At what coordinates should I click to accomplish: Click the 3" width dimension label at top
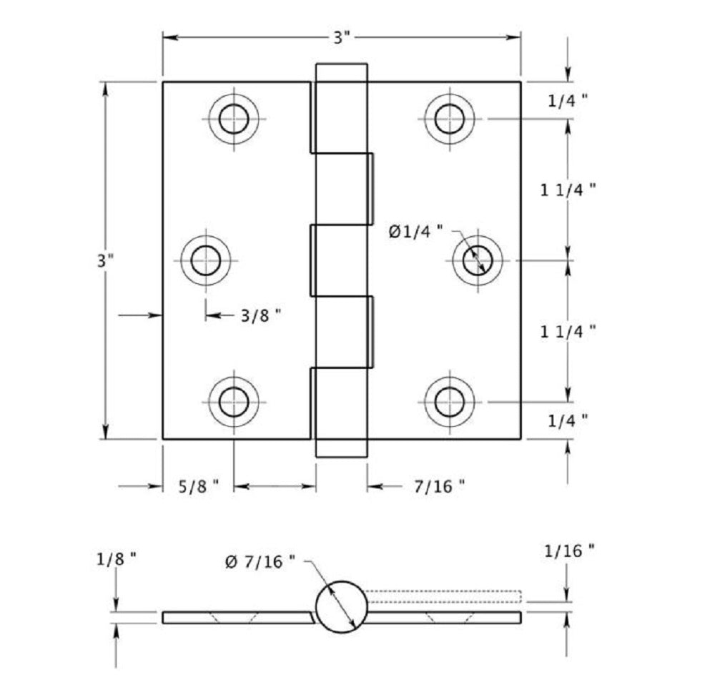point(342,38)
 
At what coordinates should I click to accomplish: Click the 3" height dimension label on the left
point(106,260)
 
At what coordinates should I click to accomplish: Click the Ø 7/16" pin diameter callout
point(260,562)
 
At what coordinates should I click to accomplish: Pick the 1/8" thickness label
point(116,559)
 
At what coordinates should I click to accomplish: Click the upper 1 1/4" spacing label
point(568,189)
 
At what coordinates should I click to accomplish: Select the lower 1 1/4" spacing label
point(568,331)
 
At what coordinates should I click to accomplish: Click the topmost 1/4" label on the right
point(568,101)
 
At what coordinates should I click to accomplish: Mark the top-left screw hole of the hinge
point(233,118)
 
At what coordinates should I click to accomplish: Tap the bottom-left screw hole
point(233,401)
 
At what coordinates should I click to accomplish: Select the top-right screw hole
point(448,118)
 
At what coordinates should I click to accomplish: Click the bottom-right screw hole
point(448,401)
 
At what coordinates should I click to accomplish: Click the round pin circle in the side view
point(341,607)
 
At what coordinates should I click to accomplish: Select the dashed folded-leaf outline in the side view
point(443,596)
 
